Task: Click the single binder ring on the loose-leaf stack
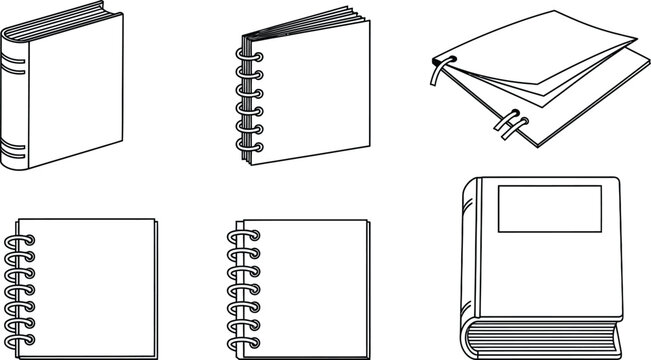(438, 72)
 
